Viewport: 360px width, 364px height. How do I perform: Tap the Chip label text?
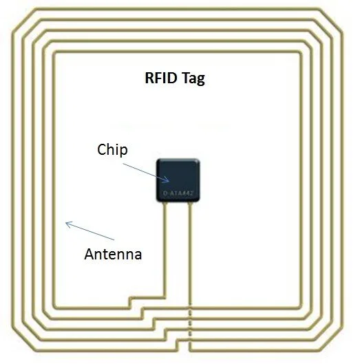coord(112,149)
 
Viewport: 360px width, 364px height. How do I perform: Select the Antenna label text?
coord(113,254)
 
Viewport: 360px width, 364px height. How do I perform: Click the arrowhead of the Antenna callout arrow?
coord(66,222)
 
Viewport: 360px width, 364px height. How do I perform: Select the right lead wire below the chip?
coord(189,255)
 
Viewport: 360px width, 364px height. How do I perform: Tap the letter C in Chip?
coord(101,149)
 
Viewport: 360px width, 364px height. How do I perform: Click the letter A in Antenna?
coord(89,254)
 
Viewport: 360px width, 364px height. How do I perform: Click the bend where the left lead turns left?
coord(165,297)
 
